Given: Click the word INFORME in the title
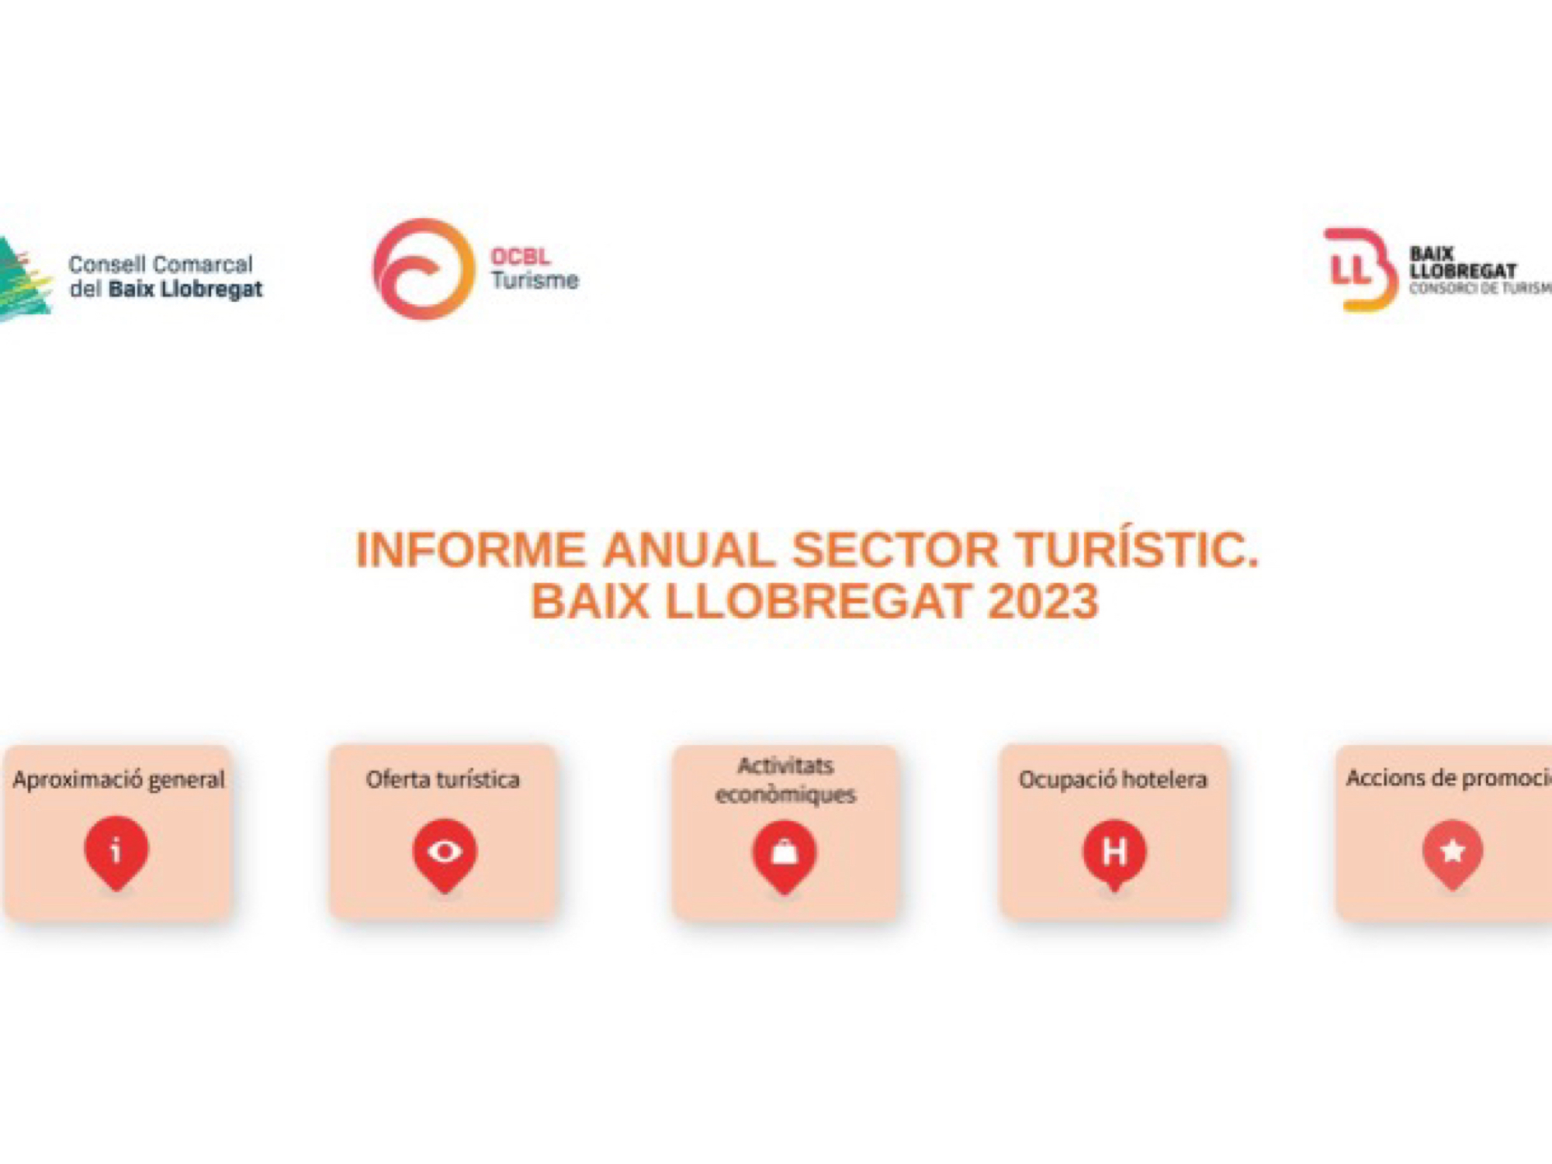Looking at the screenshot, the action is (x=470, y=549).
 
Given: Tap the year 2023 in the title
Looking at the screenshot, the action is (x=1044, y=601).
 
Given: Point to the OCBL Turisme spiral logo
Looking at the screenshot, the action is (x=423, y=269).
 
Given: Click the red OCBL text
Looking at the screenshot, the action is (x=520, y=256).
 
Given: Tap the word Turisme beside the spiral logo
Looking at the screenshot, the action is (x=535, y=280).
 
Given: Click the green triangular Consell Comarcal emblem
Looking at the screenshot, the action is (x=23, y=279).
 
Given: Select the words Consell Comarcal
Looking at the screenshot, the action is (x=161, y=265).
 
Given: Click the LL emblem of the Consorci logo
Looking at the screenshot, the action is (x=1360, y=269).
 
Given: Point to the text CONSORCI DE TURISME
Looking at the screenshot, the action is (x=1481, y=289).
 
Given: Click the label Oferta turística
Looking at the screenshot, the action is (x=442, y=779).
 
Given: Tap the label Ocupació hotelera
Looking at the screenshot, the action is (x=1113, y=779).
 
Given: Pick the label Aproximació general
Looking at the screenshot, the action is (x=119, y=780).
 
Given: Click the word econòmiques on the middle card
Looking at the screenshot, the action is (x=785, y=795).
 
